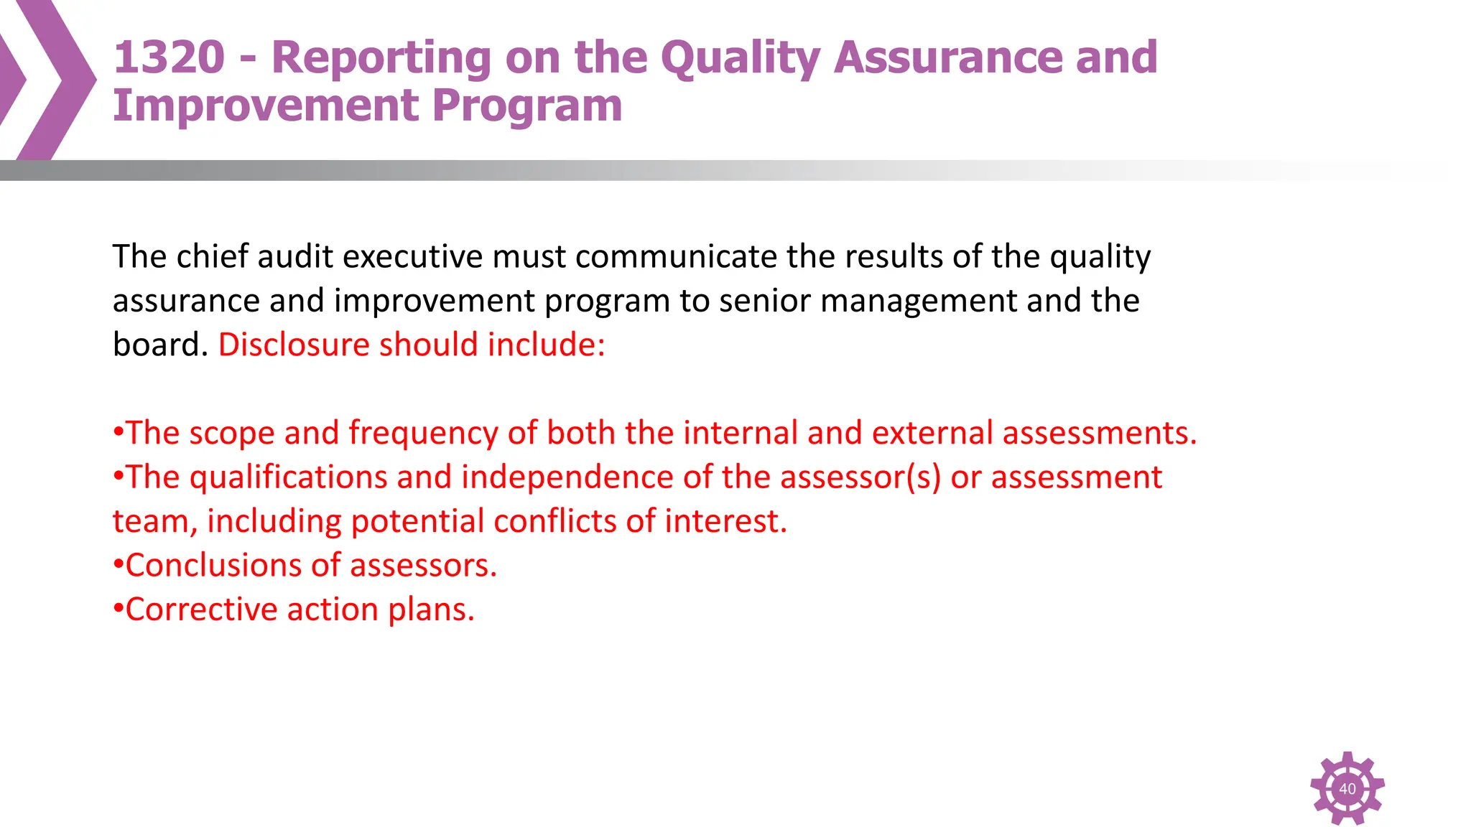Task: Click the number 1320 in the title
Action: (x=170, y=57)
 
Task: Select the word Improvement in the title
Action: (x=265, y=106)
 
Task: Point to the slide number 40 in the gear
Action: (x=1347, y=788)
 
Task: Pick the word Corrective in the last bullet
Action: (x=201, y=609)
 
